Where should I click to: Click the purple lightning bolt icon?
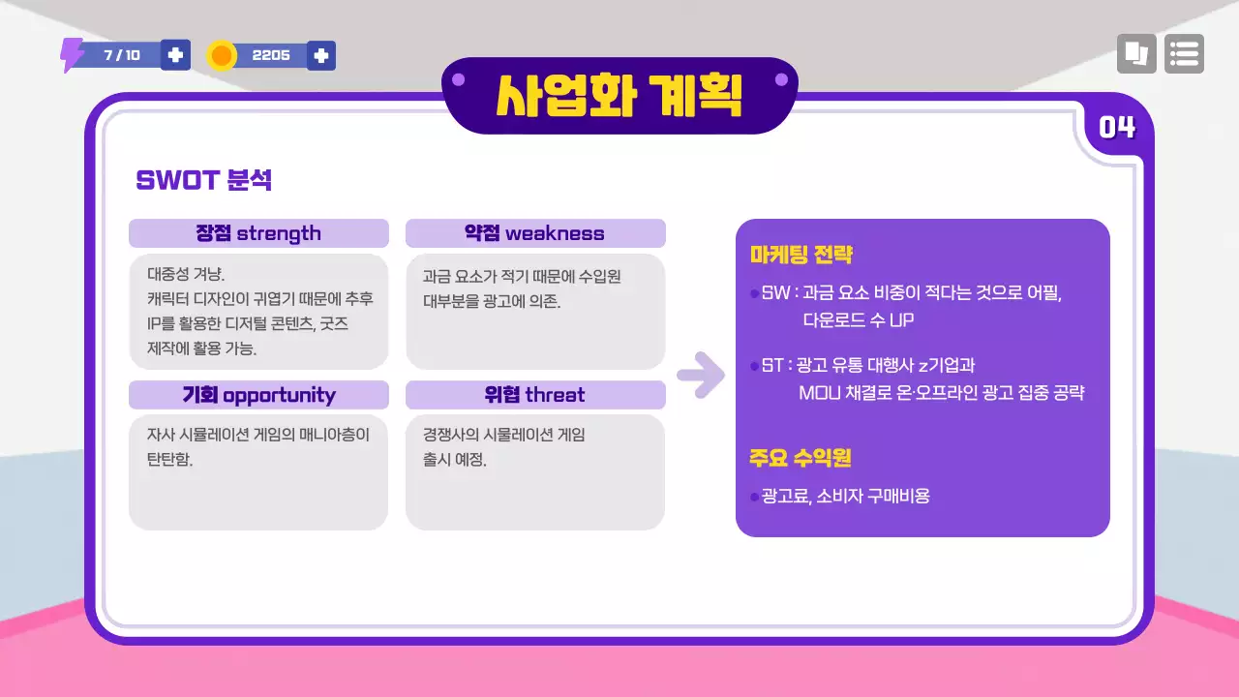[72, 55]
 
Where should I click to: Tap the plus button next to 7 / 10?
[175, 55]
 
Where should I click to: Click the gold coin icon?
[222, 55]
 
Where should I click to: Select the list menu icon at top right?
[1184, 54]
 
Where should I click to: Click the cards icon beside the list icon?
[1136, 54]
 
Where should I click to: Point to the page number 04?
[1117, 127]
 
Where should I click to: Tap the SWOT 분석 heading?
[203, 180]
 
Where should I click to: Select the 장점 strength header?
[258, 233]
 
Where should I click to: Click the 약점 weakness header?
[534, 233]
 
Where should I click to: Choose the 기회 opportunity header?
[258, 395]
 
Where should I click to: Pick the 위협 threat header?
[534, 395]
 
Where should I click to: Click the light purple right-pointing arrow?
[700, 376]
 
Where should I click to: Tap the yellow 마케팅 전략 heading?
[801, 255]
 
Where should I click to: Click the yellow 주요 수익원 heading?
[800, 458]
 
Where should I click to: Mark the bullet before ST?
[754, 366]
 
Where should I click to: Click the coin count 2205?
[271, 55]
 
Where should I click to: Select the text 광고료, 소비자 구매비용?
[845, 497]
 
